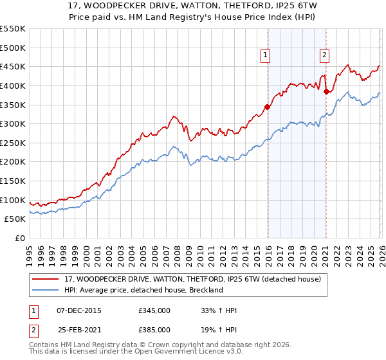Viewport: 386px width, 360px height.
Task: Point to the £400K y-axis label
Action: [13, 85]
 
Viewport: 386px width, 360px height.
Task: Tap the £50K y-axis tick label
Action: [15, 219]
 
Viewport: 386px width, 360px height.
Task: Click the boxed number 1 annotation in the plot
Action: [265, 56]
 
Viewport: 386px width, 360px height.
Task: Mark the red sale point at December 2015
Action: [268, 107]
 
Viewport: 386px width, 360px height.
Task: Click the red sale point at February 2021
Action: [326, 91]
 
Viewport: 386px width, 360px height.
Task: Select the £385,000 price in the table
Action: [154, 329]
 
